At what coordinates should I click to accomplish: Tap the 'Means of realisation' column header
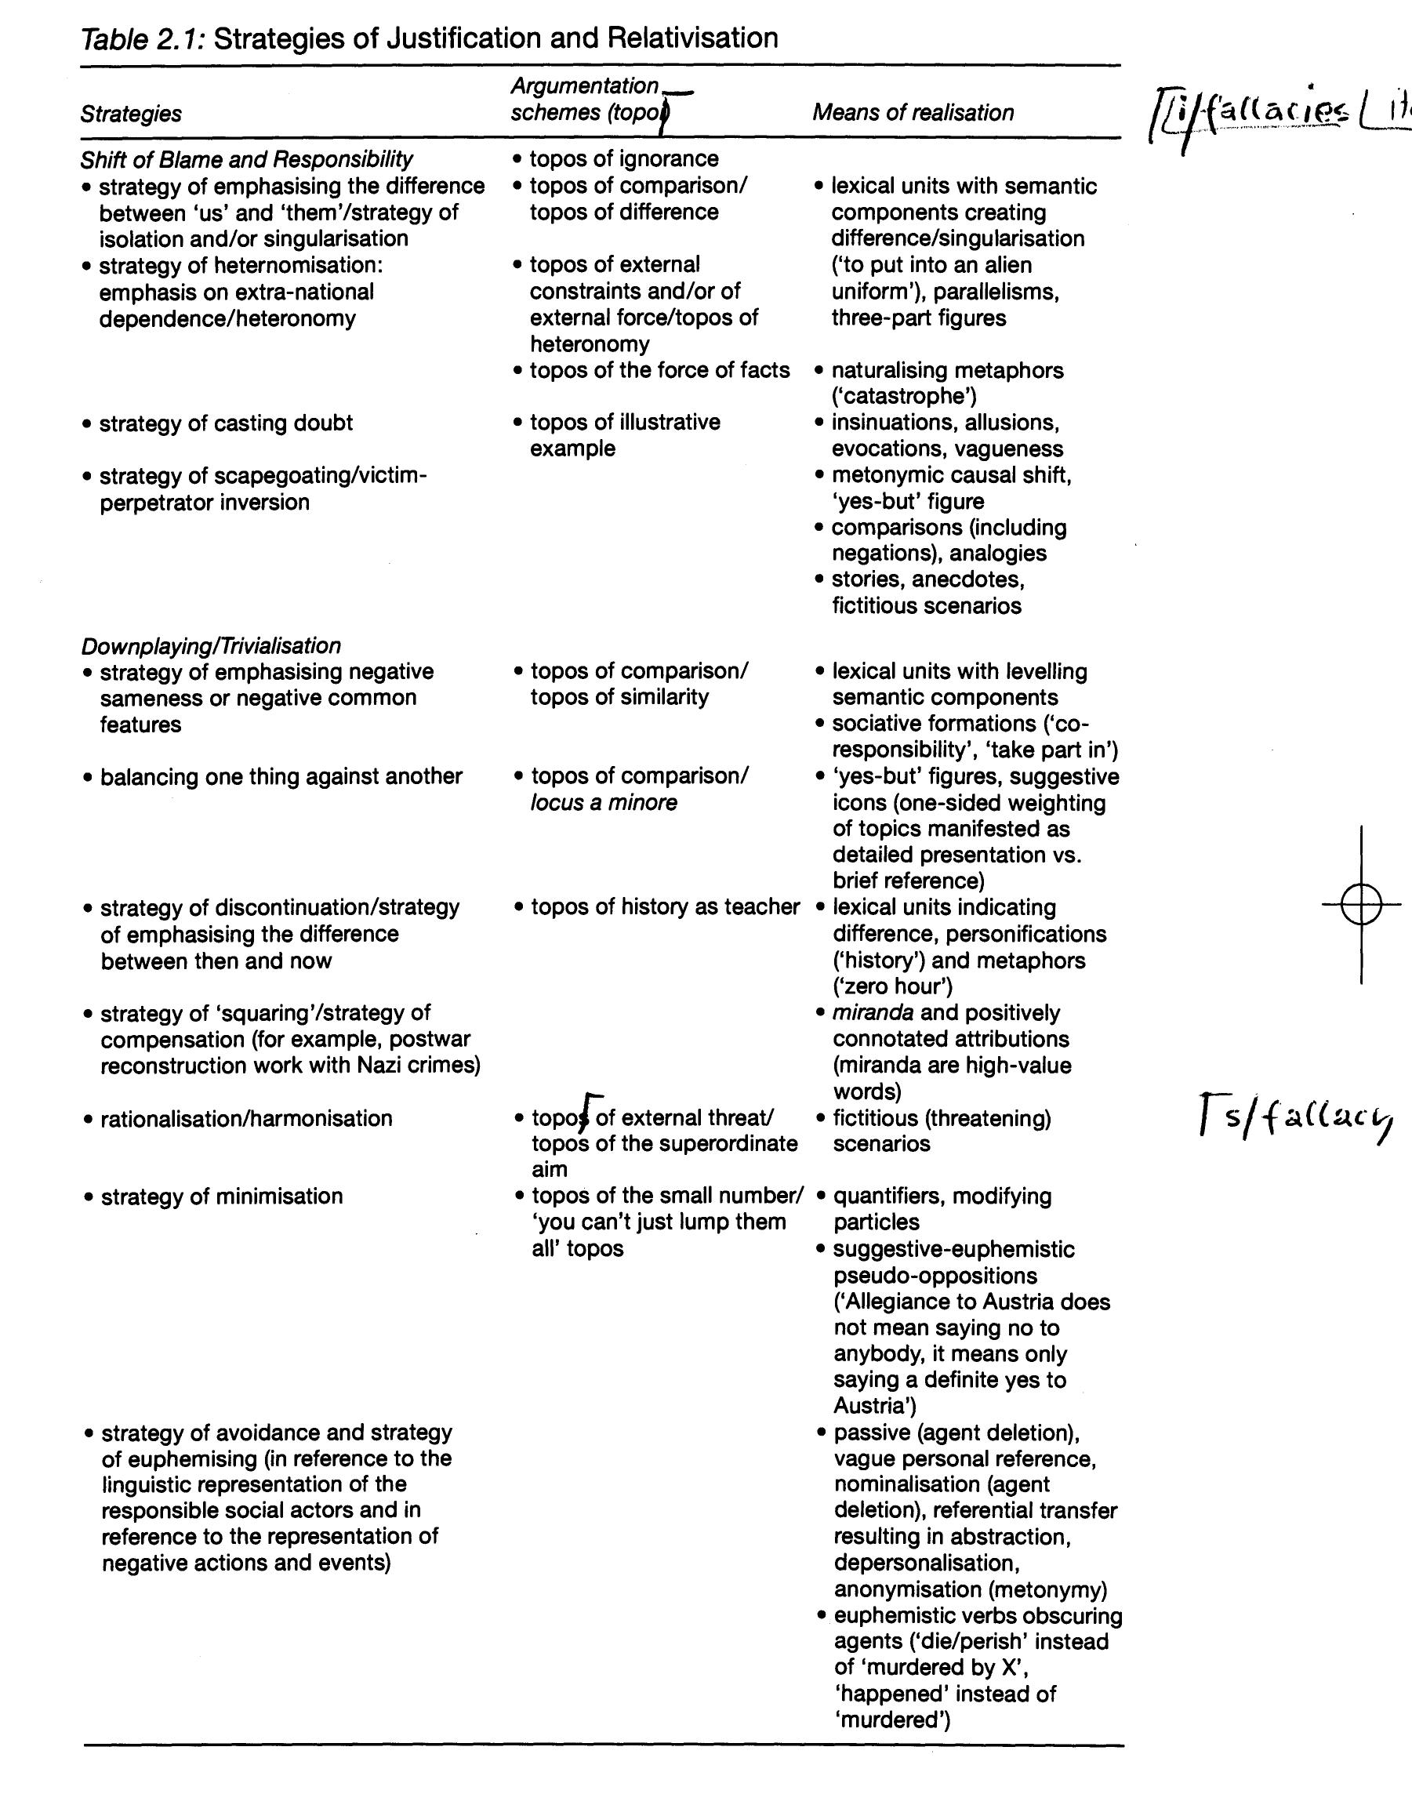click(913, 112)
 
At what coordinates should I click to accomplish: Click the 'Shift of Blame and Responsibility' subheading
click(246, 158)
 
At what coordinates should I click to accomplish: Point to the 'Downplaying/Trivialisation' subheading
click(211, 645)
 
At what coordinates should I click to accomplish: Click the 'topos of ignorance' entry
click(623, 158)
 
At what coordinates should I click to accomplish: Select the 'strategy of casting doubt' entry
click(225, 423)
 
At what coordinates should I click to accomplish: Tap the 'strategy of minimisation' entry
click(221, 1197)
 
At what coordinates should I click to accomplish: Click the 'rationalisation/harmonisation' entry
click(245, 1119)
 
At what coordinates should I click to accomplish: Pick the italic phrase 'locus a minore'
click(604, 802)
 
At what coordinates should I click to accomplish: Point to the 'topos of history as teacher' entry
click(665, 907)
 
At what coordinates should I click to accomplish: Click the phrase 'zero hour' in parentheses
click(894, 986)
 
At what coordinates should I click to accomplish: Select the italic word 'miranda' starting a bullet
click(872, 1013)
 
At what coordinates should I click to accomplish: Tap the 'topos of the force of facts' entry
click(659, 370)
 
